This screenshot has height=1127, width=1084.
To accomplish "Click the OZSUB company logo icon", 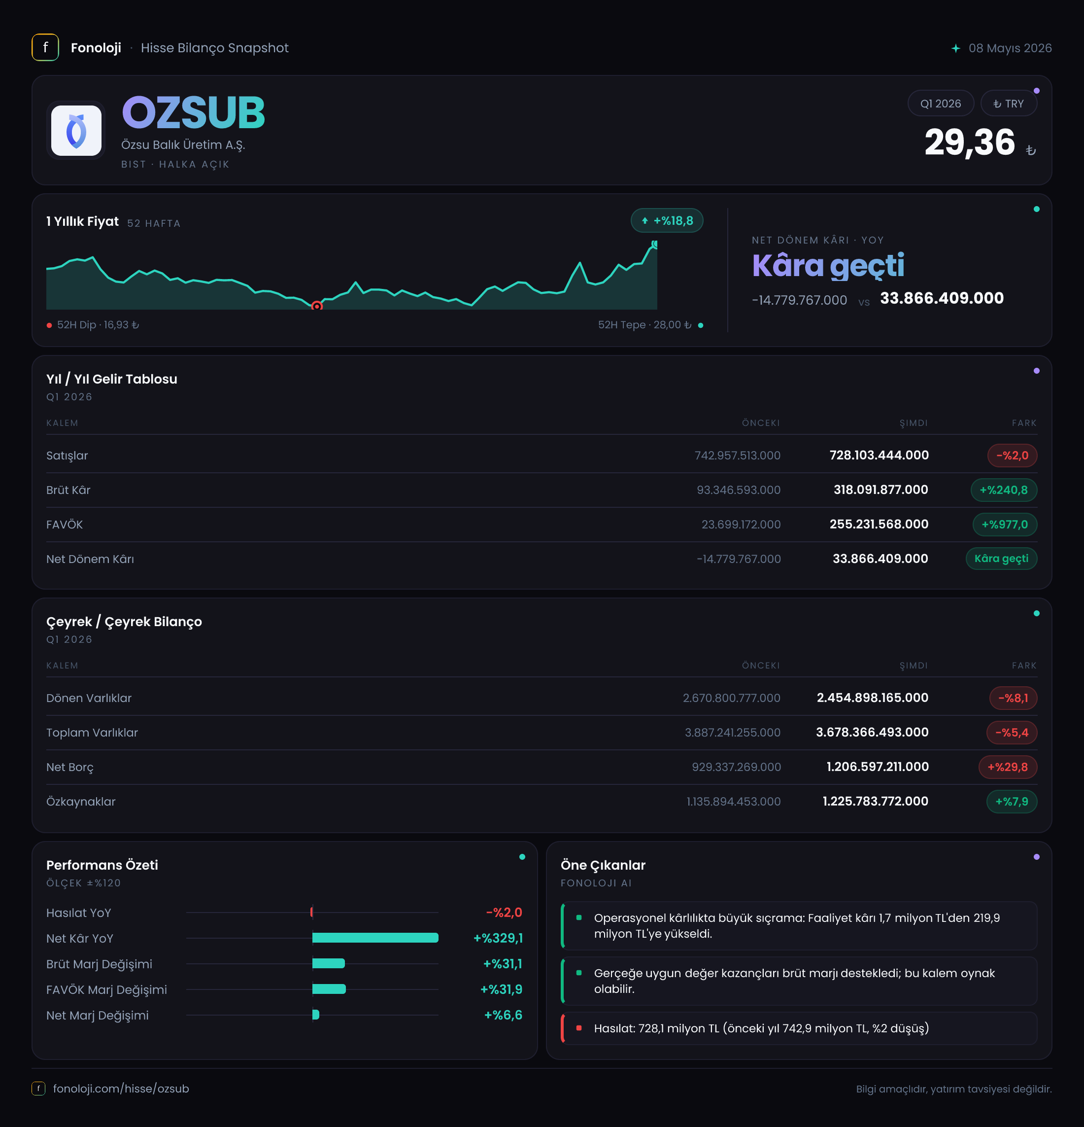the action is pyautogui.click(x=76, y=131).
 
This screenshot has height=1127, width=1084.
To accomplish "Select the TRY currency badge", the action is pyautogui.click(x=1008, y=104).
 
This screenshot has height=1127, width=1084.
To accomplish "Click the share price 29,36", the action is pyautogui.click(x=970, y=142).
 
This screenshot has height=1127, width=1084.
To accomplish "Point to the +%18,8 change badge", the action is pyautogui.click(x=667, y=221).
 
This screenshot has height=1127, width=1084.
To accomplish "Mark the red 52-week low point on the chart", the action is pyautogui.click(x=317, y=306).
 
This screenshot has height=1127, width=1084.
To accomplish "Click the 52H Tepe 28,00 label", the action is pyautogui.click(x=644, y=325).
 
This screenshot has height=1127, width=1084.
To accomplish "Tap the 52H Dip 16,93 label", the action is pyautogui.click(x=98, y=325).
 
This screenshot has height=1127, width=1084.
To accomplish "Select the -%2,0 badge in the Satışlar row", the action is pyautogui.click(x=1012, y=456).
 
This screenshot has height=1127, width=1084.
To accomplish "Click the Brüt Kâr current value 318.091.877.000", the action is pyautogui.click(x=881, y=490).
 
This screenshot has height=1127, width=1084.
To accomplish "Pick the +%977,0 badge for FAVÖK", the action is pyautogui.click(x=1005, y=525).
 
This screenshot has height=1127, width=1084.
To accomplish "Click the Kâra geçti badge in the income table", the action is pyautogui.click(x=1001, y=559).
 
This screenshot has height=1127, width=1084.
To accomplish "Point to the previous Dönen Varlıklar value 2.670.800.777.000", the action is pyautogui.click(x=731, y=698).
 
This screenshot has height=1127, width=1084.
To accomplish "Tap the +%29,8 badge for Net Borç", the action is pyautogui.click(x=1008, y=767).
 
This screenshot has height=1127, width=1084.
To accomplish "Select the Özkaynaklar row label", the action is pyautogui.click(x=81, y=802).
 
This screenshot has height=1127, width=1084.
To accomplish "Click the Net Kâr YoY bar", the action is pyautogui.click(x=375, y=938).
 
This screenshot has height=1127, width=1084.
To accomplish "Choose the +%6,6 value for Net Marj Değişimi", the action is pyautogui.click(x=503, y=1015).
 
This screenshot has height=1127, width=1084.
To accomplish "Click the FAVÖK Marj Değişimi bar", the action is pyautogui.click(x=329, y=989).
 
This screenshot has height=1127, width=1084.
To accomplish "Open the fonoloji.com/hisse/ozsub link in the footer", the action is pyautogui.click(x=121, y=1089).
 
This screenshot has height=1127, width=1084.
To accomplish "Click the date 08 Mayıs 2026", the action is pyautogui.click(x=1010, y=48).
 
